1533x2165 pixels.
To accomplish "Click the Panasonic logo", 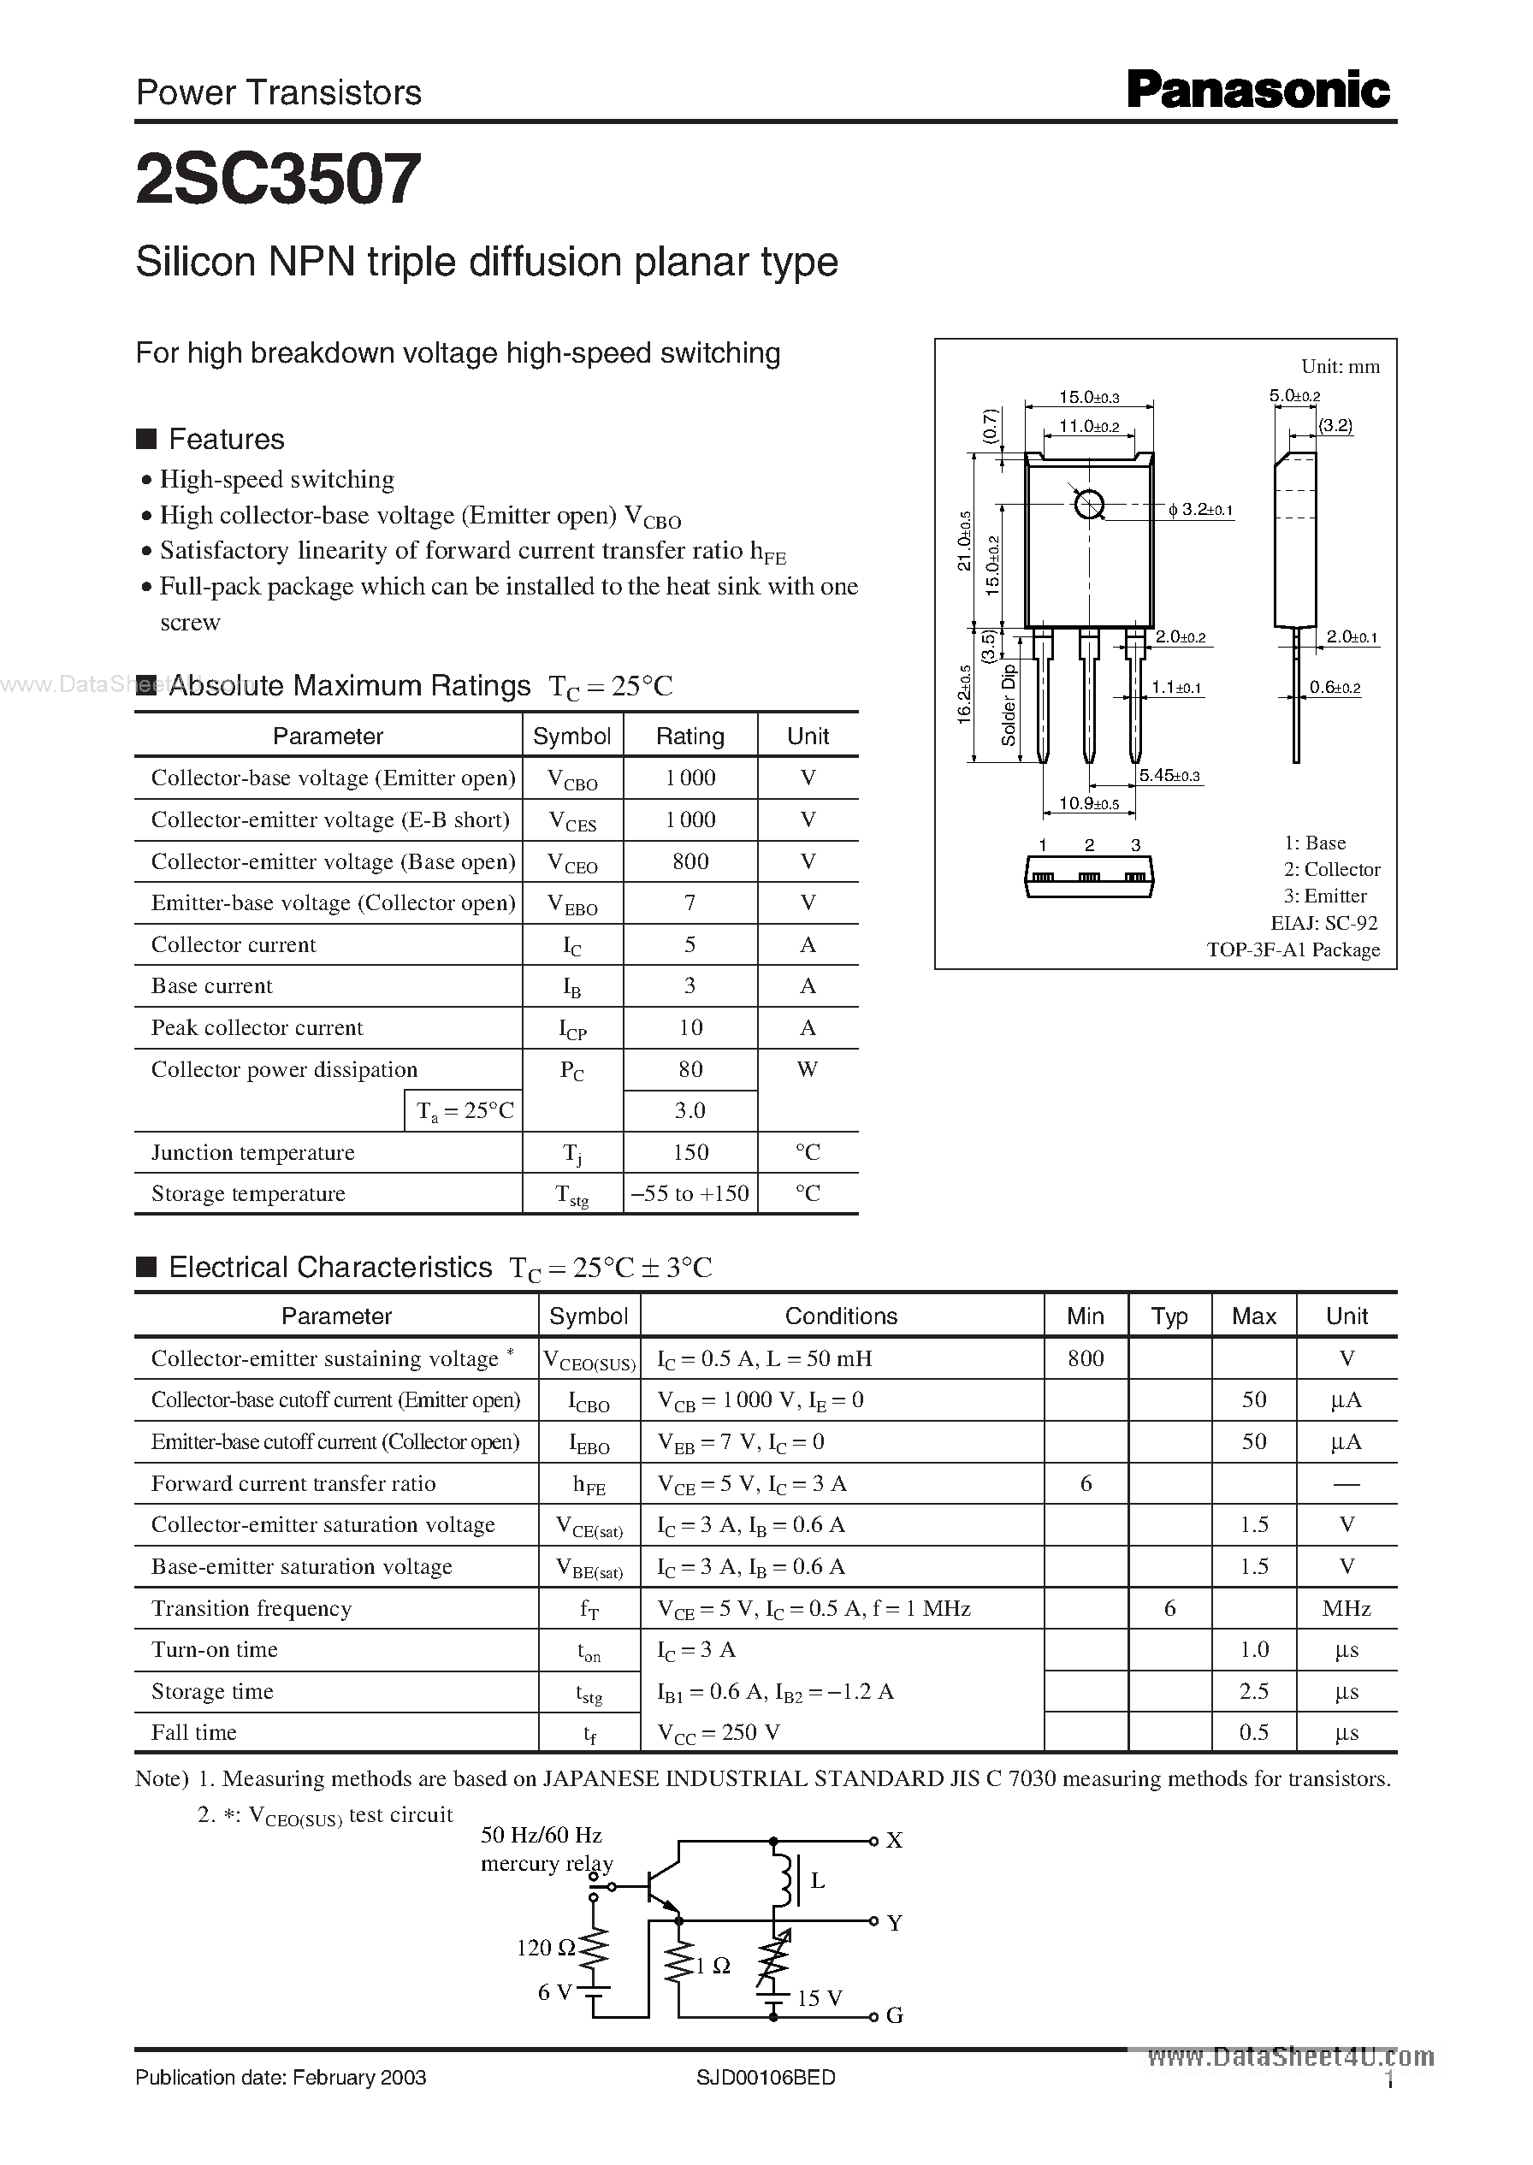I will coord(1258,92).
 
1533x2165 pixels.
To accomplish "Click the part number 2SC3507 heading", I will coord(279,180).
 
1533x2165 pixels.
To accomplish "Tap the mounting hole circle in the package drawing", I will coord(1088,505).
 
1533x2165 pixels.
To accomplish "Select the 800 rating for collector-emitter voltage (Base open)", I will coord(690,861).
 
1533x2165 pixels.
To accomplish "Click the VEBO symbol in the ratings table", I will coord(572,904).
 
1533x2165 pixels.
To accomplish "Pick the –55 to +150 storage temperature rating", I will coord(690,1194).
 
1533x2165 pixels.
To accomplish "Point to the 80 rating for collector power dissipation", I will coord(690,1069).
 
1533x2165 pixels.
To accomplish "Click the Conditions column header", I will coord(841,1316).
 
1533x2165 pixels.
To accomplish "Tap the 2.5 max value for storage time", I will coord(1253,1691).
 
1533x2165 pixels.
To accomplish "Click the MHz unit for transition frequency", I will coord(1347,1608).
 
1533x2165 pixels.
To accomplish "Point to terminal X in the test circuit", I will coord(893,1840).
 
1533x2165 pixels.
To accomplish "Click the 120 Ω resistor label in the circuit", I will coord(546,1948).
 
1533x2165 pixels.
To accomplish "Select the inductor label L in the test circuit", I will coord(818,1880).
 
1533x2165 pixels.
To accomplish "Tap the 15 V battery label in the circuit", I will coord(819,1998).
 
